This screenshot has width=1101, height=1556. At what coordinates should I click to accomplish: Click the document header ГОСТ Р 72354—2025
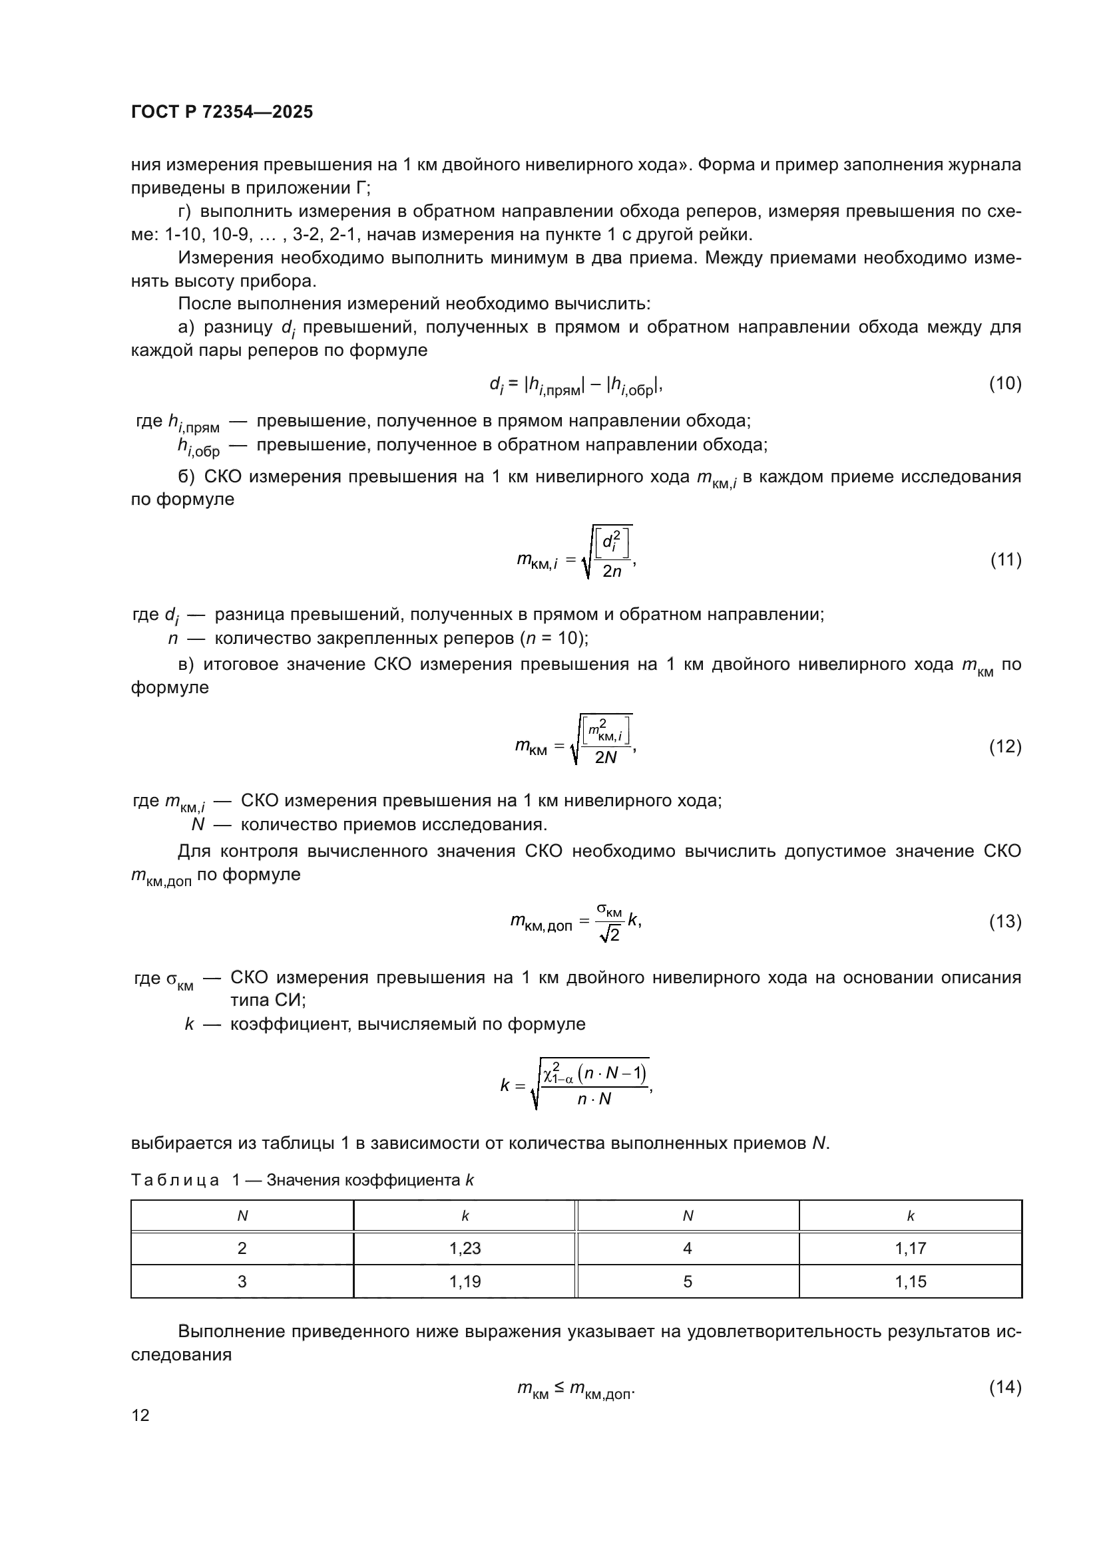(222, 112)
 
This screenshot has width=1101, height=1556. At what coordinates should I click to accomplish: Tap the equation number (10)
(1004, 384)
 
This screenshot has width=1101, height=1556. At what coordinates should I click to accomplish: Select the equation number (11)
(1005, 559)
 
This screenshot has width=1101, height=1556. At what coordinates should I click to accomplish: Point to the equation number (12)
(1004, 746)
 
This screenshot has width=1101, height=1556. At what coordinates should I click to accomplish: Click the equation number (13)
(1004, 921)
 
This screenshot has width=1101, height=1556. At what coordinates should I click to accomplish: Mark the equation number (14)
(1004, 1387)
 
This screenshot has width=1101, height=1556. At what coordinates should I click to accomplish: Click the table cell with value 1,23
(465, 1248)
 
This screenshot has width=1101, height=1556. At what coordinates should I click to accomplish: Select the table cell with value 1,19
(465, 1281)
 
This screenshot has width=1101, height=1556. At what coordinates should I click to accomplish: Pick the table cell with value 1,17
(910, 1248)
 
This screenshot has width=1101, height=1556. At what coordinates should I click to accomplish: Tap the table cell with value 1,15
(910, 1281)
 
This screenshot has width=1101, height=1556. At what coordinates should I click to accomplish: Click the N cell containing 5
(688, 1281)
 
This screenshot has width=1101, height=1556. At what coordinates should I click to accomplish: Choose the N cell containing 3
(242, 1281)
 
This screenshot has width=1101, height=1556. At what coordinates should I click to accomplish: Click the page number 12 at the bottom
(140, 1416)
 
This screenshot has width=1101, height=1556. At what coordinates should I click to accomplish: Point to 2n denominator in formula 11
(612, 571)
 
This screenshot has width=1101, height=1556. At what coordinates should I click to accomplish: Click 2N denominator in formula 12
(605, 758)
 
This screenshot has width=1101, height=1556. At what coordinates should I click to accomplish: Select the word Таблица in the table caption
(175, 1181)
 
